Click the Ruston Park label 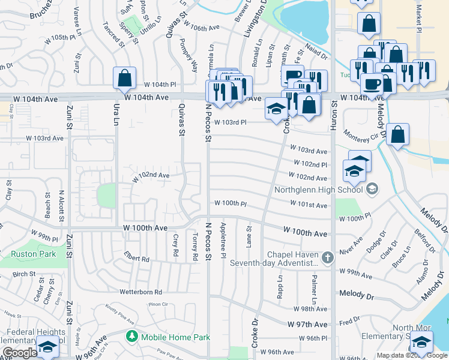[34, 254]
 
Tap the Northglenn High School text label [318, 190]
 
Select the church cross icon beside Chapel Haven [327, 258]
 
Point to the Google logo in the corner [19, 353]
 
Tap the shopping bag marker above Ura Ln [124, 78]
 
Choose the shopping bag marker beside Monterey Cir [398, 134]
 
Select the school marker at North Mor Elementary [422, 342]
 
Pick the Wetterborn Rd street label [141, 292]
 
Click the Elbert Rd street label [137, 260]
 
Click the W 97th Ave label [308, 324]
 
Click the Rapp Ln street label [280, 287]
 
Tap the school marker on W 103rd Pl [276, 109]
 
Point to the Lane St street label [249, 236]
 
